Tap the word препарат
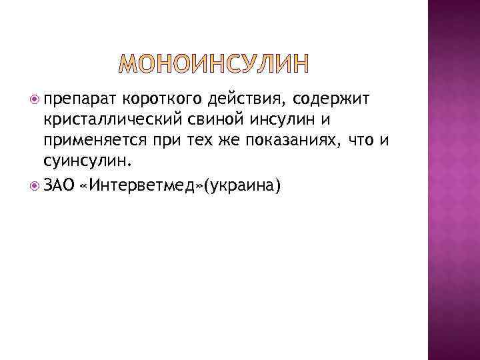(80, 101)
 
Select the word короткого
(160, 101)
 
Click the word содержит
(327, 101)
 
